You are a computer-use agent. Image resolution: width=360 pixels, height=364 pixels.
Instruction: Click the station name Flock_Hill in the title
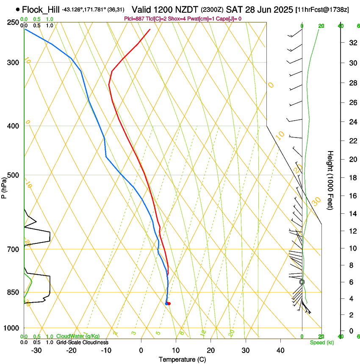pos(41,9)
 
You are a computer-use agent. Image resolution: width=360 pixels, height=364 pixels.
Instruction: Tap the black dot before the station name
pos(17,9)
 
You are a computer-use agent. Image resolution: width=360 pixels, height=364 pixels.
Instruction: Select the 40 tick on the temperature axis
pos(280,350)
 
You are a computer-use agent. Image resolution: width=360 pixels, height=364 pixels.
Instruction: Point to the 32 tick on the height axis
pos(352,43)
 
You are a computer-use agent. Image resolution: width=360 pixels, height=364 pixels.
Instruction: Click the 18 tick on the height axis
pos(352,177)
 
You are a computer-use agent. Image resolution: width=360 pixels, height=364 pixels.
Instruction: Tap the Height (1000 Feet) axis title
pos(331,180)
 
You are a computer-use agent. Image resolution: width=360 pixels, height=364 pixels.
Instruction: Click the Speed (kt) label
pos(322,342)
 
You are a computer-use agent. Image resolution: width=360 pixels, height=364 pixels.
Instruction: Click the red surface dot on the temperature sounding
pos(169,303)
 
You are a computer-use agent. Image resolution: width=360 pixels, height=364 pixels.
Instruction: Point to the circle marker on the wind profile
pos(302,282)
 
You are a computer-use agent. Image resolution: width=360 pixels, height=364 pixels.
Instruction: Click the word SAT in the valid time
pos(233,9)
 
